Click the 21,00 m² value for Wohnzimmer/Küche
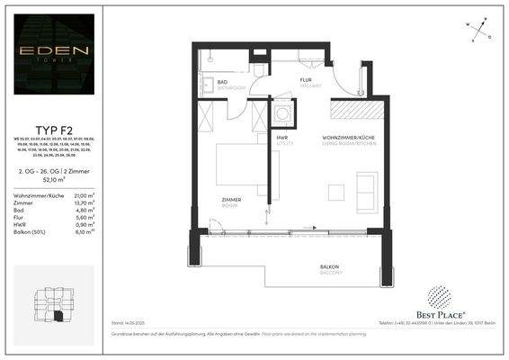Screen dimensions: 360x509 pyautogui.click(x=84, y=195)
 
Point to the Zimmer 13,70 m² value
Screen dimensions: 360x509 pyautogui.click(x=84, y=203)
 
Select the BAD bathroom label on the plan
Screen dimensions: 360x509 pyautogui.click(x=223, y=82)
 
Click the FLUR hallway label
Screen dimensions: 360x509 pyautogui.click(x=306, y=80)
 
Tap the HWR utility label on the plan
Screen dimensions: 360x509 pyautogui.click(x=282, y=138)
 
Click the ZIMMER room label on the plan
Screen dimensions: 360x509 pyautogui.click(x=231, y=200)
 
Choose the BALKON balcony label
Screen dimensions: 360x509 pyautogui.click(x=330, y=268)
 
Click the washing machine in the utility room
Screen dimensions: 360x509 pyautogui.click(x=284, y=115)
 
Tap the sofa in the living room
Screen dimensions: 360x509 pyautogui.click(x=368, y=191)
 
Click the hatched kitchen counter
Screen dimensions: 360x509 pyautogui.click(x=360, y=109)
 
